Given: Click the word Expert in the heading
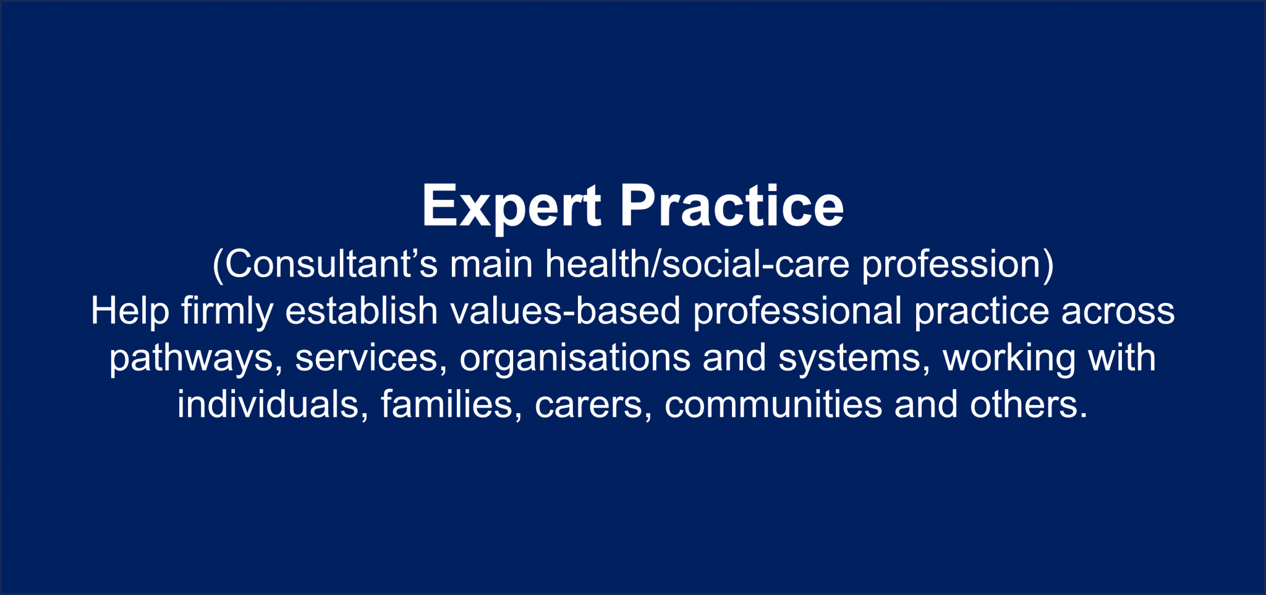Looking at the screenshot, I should (511, 206).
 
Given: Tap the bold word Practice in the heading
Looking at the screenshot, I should (731, 206).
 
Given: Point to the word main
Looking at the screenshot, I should (491, 264).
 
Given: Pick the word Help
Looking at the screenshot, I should (130, 310).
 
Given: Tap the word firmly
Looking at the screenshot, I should (227, 312).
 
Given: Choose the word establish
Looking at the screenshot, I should (361, 310).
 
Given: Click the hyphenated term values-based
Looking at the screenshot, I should (565, 310).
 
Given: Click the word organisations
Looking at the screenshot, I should (575, 358).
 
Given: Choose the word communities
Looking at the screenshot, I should (773, 405).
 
